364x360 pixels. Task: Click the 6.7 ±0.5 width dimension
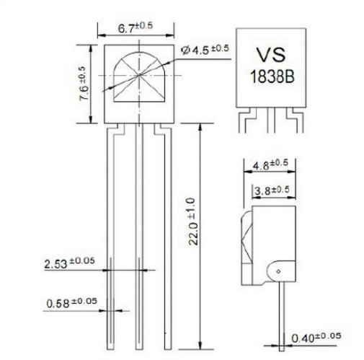(136, 27)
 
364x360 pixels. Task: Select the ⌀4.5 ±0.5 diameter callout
(205, 50)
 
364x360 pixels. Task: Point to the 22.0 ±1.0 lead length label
(193, 221)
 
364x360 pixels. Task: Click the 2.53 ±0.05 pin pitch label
(69, 263)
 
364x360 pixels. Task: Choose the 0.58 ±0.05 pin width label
(71, 303)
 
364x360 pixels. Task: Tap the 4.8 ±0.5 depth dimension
(270, 164)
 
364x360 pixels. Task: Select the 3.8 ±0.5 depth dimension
(272, 190)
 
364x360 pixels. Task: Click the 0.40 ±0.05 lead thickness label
(316, 337)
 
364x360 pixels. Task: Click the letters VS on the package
(271, 55)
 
